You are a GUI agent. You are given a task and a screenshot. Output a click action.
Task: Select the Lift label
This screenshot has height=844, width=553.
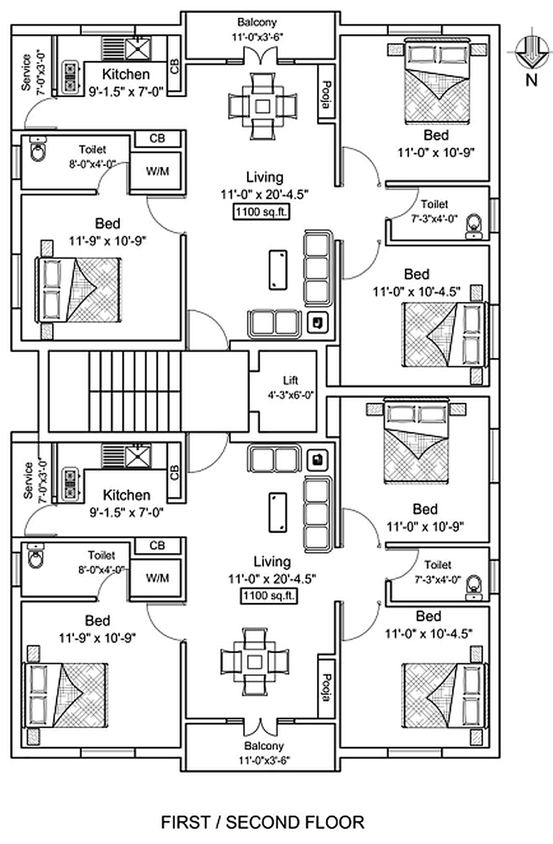[290, 380]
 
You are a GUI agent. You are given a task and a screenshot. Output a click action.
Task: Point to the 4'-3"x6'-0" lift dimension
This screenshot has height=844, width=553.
[291, 395]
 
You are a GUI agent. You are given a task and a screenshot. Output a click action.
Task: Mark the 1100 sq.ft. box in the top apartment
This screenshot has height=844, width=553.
[261, 212]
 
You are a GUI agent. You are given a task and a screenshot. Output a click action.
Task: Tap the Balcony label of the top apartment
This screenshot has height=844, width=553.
[257, 22]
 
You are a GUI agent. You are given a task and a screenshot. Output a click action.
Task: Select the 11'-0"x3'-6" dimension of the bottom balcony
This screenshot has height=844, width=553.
[264, 760]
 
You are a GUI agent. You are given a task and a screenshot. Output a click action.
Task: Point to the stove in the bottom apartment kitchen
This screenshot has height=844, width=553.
[70, 485]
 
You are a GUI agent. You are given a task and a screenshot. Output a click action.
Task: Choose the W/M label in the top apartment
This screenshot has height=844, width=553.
[157, 171]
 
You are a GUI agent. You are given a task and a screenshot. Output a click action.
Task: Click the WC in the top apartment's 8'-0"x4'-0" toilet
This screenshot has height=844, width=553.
[38, 149]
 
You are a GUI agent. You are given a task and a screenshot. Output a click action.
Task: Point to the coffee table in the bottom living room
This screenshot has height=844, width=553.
[278, 513]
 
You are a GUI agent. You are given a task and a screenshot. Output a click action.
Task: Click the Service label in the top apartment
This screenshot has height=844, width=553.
[26, 72]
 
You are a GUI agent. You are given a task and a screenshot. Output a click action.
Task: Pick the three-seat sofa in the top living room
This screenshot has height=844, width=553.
[318, 268]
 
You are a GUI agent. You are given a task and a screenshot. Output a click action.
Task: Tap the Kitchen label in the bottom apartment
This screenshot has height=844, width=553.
[126, 495]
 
